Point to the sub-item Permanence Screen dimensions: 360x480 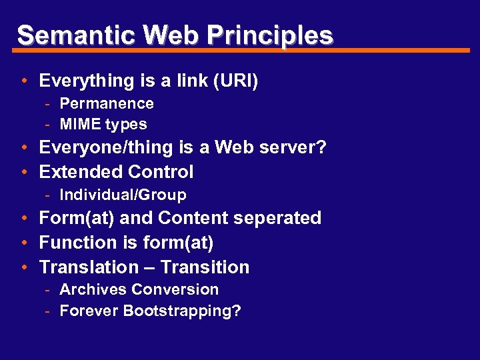tap(107, 104)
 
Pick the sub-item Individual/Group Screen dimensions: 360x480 tap(123, 195)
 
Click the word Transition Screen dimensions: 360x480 tap(205, 267)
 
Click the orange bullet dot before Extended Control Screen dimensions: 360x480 tap(23, 172)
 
